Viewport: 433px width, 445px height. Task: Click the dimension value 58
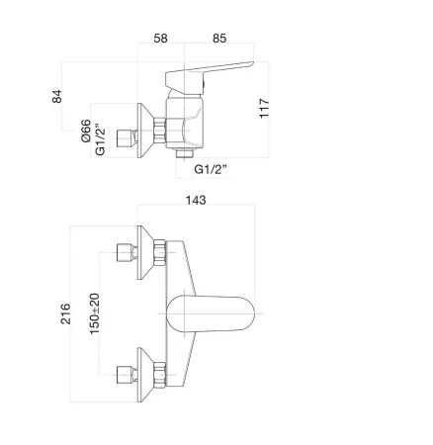click(160, 39)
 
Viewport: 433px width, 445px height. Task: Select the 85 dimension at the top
click(219, 39)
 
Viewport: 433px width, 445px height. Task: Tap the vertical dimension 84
click(57, 96)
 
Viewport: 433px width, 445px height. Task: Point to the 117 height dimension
click(264, 108)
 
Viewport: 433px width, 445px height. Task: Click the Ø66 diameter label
click(86, 131)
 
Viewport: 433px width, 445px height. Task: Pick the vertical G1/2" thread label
click(100, 139)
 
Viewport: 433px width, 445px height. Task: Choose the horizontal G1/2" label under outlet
click(211, 169)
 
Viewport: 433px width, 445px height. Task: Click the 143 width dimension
click(196, 200)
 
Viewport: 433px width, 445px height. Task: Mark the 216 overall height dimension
click(65, 313)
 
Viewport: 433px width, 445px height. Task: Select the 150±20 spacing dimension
click(95, 313)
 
